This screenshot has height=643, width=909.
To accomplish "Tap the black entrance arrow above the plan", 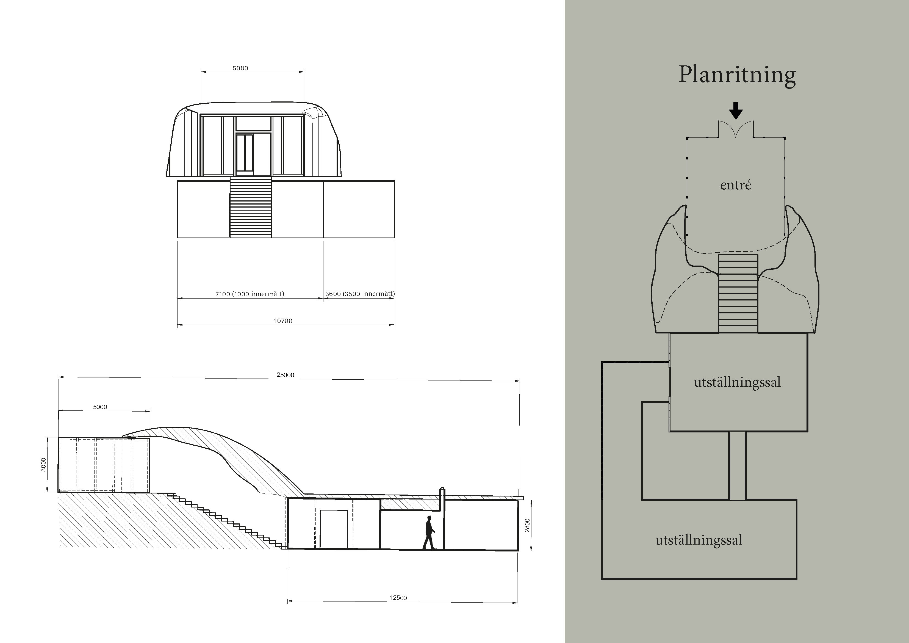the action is pos(736,111).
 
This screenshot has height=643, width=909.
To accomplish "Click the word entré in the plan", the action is pos(736,185).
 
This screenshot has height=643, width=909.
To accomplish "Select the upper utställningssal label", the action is pos(737,382).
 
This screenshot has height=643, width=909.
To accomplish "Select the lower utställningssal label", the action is pos(699,540).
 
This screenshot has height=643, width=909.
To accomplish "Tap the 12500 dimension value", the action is pos(398,598).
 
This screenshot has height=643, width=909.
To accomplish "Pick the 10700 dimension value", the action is pos(283,321).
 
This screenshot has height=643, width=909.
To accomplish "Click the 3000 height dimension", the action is pos(43,465).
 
